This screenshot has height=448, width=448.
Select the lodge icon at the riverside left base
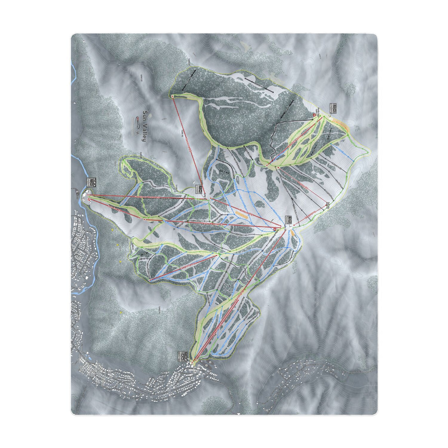pyautogui.click(x=92, y=183)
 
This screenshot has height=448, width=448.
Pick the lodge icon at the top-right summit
pyautogui.click(x=334, y=109)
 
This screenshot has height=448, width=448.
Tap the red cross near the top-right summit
pyautogui.click(x=314, y=115)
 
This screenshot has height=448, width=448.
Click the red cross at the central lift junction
pyautogui.click(x=276, y=229)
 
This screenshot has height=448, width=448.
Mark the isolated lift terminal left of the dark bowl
pyautogui.click(x=172, y=97)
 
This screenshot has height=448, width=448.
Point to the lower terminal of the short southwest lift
pyautogui.click(x=150, y=280)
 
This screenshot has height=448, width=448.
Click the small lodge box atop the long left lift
pyautogui.click(x=198, y=188)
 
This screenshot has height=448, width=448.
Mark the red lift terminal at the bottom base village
pyautogui.click(x=193, y=361)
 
